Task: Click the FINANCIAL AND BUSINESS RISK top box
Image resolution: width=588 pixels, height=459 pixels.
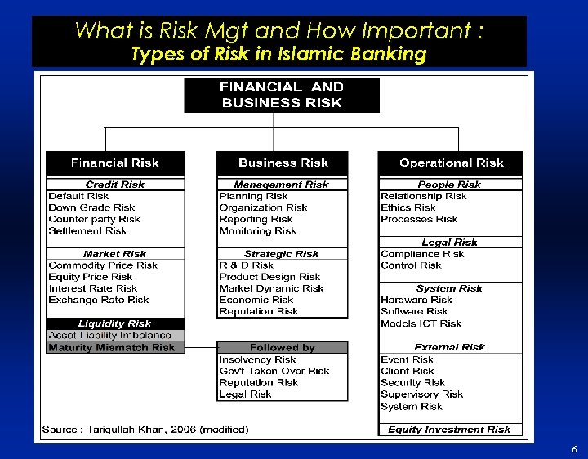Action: (x=282, y=95)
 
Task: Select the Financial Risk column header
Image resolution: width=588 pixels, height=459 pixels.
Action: (x=115, y=163)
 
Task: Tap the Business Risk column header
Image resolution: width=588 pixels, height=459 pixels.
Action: (x=283, y=163)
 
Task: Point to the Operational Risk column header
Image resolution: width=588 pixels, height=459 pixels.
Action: (x=451, y=163)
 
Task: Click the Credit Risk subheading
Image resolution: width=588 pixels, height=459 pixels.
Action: (x=115, y=185)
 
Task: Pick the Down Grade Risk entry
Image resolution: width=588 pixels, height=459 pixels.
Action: (x=91, y=207)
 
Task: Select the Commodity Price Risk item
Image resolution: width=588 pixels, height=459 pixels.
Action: (x=103, y=265)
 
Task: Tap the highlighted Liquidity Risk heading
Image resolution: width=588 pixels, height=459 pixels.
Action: (x=115, y=323)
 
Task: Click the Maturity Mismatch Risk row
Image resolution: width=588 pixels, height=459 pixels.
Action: (x=112, y=347)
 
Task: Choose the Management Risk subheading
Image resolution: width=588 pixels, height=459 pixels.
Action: (x=282, y=185)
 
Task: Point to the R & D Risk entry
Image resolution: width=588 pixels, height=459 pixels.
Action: (x=247, y=265)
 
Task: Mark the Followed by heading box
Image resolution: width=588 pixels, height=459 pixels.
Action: (x=282, y=347)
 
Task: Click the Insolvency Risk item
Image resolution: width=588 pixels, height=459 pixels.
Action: (x=258, y=359)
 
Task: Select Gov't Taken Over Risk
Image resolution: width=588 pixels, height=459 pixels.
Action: (x=274, y=371)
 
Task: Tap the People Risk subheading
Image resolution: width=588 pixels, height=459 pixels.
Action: (x=449, y=185)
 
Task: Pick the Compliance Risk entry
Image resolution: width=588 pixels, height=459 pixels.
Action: (x=422, y=254)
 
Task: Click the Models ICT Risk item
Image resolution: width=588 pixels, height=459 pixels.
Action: (x=421, y=323)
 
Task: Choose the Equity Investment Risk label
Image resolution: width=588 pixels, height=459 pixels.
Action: (x=449, y=430)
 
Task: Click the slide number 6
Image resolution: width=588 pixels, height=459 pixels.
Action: (x=574, y=449)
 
